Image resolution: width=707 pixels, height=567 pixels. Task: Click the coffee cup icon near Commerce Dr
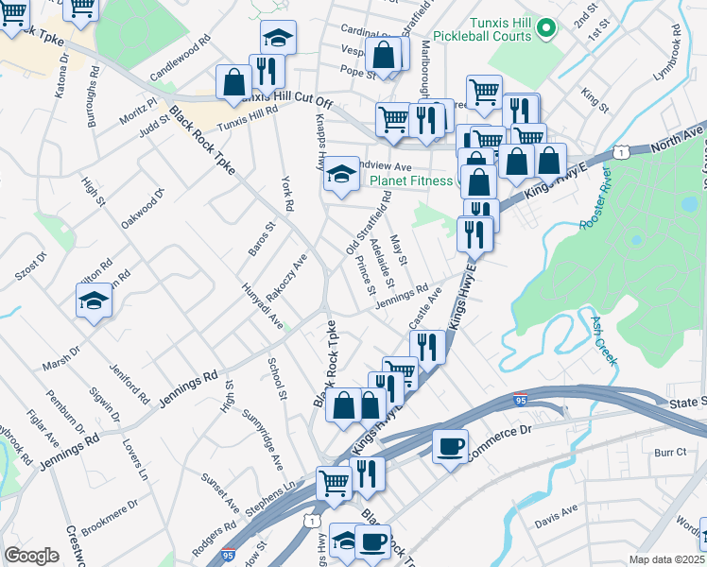(450, 444)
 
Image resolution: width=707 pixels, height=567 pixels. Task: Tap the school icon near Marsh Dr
(95, 301)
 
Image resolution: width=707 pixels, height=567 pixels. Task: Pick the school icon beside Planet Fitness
(342, 174)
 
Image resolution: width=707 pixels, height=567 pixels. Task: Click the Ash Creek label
(604, 341)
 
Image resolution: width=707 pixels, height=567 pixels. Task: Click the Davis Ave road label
(556, 511)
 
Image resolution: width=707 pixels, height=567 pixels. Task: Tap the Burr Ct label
(668, 453)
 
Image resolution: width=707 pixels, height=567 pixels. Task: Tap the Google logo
(31, 556)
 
